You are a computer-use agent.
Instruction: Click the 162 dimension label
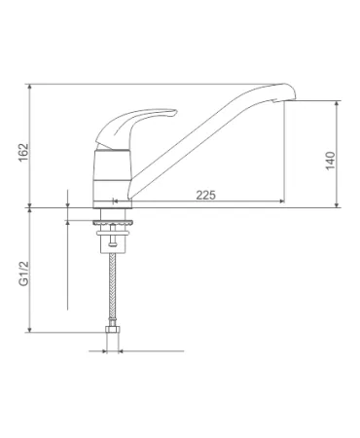pos(23,153)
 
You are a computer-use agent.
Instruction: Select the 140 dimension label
pos(330,161)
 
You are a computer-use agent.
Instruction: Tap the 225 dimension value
pos(205,195)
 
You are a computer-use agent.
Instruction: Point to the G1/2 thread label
pos(23,274)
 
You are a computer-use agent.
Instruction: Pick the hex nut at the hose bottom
pos(112,329)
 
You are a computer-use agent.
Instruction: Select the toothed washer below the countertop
pos(113,223)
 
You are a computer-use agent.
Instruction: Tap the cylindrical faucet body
pos(112,175)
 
